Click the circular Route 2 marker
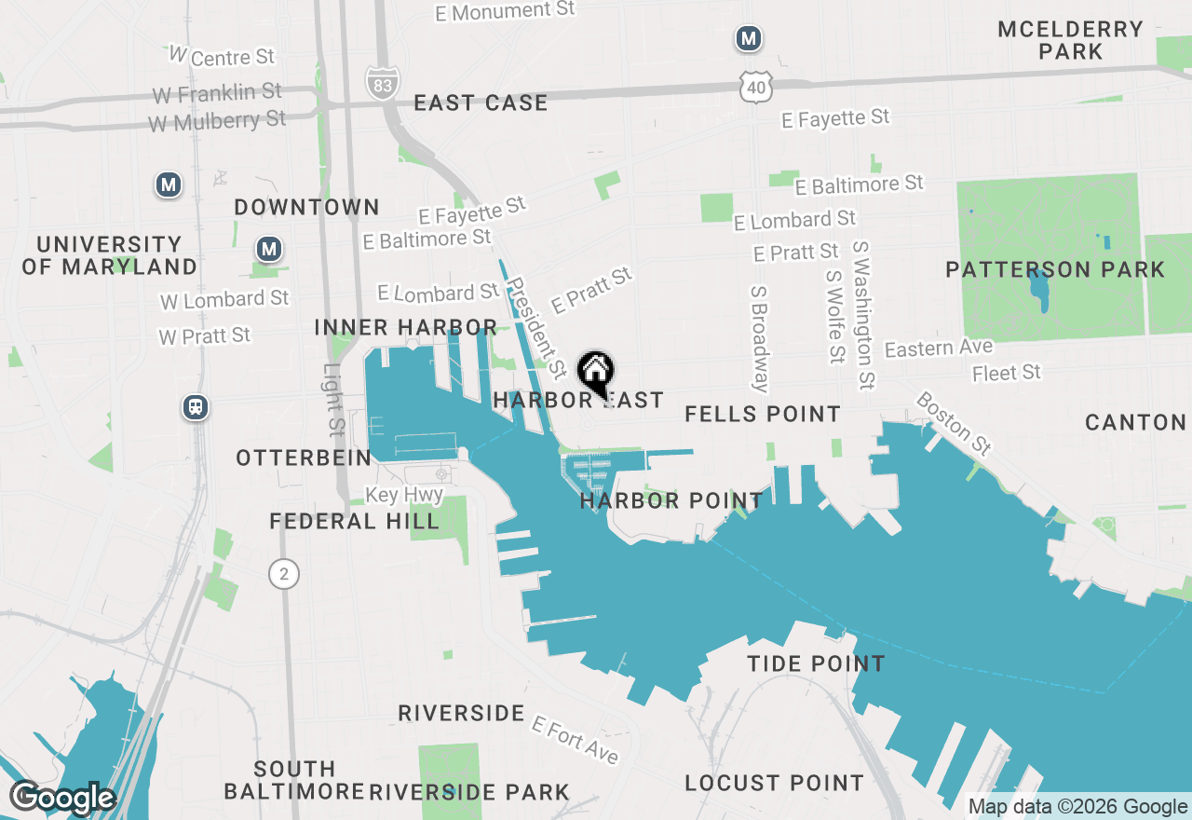coord(284,574)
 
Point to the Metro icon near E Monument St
coord(748,39)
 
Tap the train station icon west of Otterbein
coord(196,407)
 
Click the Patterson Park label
coord(1054,270)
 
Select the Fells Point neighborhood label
coord(763,414)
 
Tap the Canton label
coord(1135,423)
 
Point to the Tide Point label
coord(816,663)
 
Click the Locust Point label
coord(774,784)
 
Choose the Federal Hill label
coord(354,521)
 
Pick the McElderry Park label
coord(1070,40)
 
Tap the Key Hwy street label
coord(404,495)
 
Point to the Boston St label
coord(954,422)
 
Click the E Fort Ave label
coord(575,739)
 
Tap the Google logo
coord(62,799)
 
